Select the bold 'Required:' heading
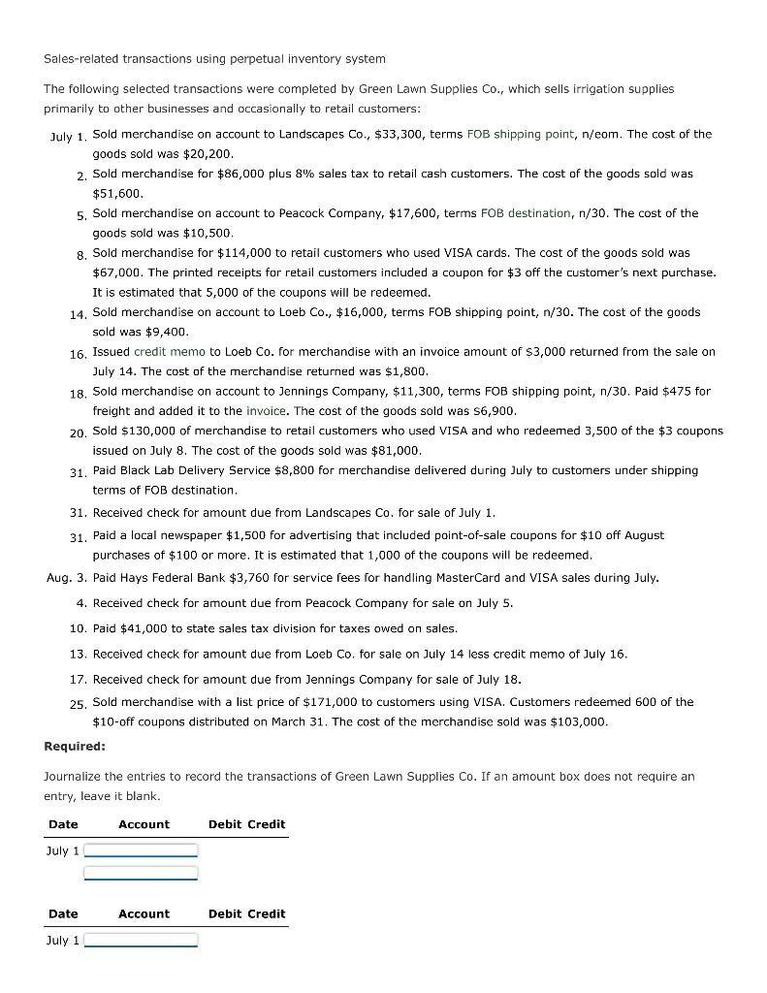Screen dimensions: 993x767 tap(75, 746)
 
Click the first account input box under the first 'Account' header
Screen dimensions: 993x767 tap(141, 850)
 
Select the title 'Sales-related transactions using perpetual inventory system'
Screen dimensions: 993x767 tap(214, 59)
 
